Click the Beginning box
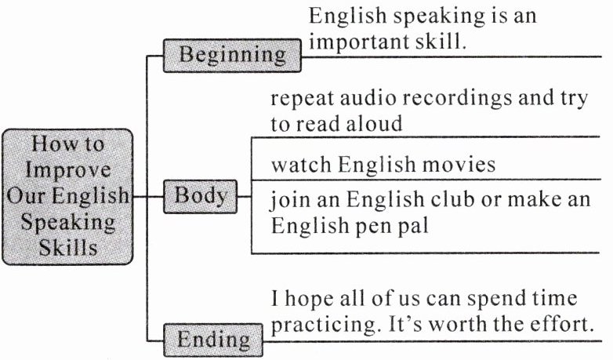(x=232, y=56)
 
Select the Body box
(x=199, y=195)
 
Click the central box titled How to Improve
(x=67, y=196)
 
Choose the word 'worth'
(x=464, y=323)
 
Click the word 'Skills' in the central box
(x=67, y=247)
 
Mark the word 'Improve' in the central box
(x=67, y=170)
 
